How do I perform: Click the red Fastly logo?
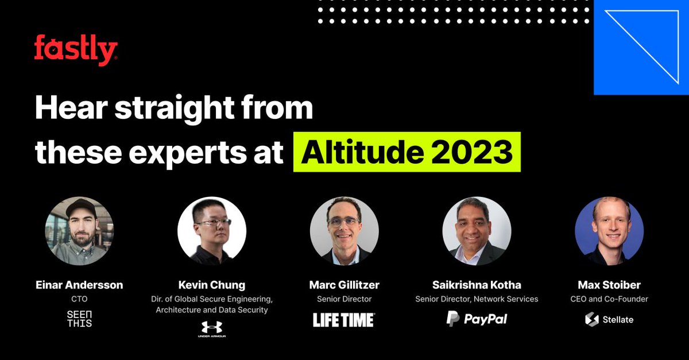[76, 50]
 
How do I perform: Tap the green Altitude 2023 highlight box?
[407, 152]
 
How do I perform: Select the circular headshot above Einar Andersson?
[79, 231]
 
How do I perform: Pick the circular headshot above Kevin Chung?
[212, 231]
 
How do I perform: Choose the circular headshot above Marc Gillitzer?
[344, 231]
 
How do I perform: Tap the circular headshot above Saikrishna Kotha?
[477, 231]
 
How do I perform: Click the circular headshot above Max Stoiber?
[609, 231]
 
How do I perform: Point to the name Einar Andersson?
[79, 285]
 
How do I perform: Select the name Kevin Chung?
[211, 285]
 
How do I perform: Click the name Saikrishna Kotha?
[477, 285]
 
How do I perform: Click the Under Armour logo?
[211, 329]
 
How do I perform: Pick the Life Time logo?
[344, 320]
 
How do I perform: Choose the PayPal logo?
[477, 319]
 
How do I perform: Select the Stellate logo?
[609, 319]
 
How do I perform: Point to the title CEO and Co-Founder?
[609, 299]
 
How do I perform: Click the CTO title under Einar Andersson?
[79, 299]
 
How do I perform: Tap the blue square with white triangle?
[641, 47]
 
